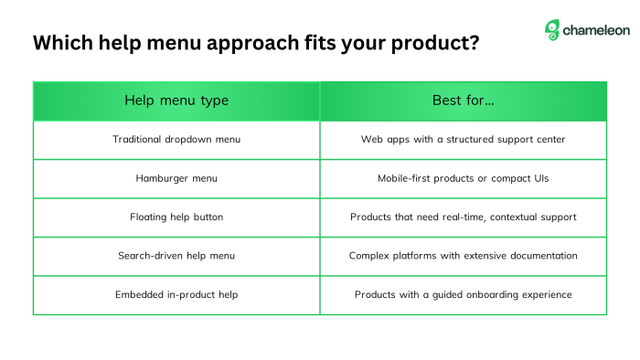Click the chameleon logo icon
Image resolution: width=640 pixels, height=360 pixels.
click(552, 30)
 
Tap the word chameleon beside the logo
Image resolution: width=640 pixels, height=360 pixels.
click(596, 30)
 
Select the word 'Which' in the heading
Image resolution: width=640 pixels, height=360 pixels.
click(61, 43)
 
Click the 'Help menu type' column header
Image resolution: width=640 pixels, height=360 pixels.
click(176, 101)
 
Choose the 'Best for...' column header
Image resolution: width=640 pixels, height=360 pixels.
click(463, 101)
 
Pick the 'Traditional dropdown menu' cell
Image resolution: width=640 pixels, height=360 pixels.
click(176, 140)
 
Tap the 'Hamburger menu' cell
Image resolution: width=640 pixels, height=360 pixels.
click(176, 178)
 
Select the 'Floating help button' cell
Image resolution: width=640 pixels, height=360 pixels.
click(176, 217)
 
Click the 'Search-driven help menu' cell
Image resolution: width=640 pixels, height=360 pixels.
click(176, 256)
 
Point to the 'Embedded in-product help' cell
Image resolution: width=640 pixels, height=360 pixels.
click(176, 294)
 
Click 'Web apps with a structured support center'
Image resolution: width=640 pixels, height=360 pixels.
click(463, 140)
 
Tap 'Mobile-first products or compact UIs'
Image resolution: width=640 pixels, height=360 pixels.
click(463, 178)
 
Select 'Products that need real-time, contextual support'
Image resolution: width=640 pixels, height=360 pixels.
click(463, 217)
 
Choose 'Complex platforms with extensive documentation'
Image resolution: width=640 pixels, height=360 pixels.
click(463, 256)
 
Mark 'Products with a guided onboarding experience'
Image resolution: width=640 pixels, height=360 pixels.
click(463, 294)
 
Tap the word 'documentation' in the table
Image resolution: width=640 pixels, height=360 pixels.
click(540, 256)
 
